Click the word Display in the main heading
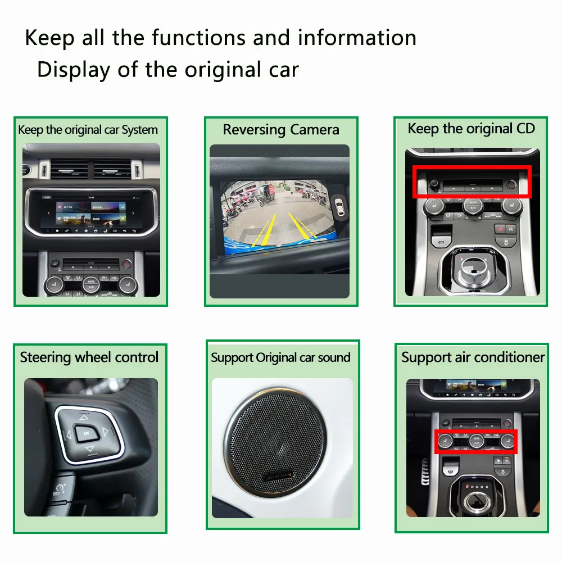click(73, 70)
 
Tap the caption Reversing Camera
click(281, 130)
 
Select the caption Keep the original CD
click(471, 129)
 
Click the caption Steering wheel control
click(89, 357)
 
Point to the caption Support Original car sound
click(280, 357)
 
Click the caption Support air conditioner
click(473, 357)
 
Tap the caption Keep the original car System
click(88, 130)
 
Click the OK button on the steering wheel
click(86, 433)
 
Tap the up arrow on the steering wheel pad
click(84, 418)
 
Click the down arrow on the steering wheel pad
click(89, 449)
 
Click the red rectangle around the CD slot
click(472, 182)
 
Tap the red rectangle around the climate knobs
click(476, 441)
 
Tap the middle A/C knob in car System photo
click(90, 284)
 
